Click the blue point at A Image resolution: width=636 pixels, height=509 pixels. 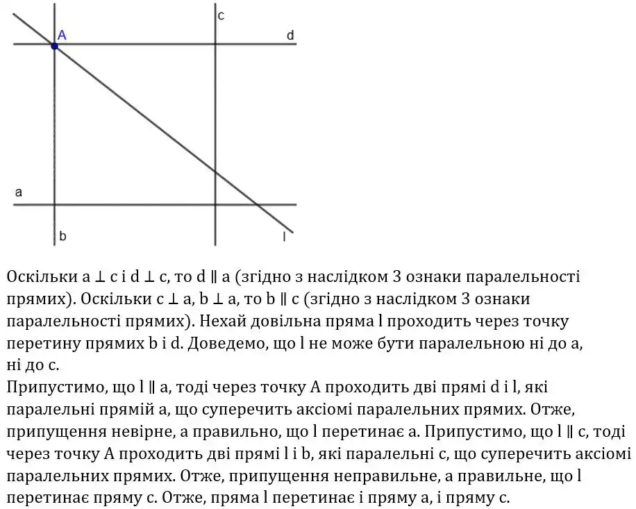click(54, 45)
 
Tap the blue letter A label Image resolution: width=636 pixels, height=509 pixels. click(62, 34)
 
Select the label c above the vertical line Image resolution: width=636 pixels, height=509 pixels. click(220, 15)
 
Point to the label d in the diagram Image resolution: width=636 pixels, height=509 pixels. click(290, 35)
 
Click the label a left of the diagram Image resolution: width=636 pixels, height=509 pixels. click(19, 192)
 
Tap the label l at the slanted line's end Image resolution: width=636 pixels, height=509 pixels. click(285, 237)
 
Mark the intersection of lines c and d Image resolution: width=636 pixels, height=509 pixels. click(215, 44)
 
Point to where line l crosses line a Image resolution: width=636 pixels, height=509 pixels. click(257, 204)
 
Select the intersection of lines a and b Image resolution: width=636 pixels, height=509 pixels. click(54, 204)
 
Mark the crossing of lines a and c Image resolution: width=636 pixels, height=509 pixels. click(215, 204)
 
